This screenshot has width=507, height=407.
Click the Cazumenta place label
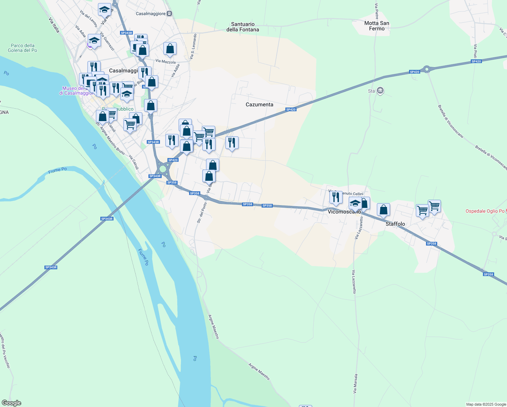[259, 104]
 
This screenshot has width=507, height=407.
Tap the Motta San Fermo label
[377, 26]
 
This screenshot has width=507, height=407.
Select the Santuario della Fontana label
[243, 27]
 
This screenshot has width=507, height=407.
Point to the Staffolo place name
[395, 224]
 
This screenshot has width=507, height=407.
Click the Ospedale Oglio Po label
[485, 211]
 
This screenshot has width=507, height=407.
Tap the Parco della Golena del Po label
[23, 48]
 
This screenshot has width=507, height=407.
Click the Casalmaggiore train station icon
[169, 14]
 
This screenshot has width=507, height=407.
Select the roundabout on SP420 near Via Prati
[427, 69]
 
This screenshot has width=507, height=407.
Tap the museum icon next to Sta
[380, 91]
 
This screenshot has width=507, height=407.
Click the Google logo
[11, 403]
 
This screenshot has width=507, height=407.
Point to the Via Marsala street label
[355, 384]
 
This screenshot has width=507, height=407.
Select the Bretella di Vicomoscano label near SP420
[450, 121]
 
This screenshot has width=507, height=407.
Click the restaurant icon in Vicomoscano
[336, 197]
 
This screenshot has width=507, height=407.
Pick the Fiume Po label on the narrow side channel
[57, 170]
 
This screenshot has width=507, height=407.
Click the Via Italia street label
[54, 25]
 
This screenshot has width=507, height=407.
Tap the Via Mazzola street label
[165, 61]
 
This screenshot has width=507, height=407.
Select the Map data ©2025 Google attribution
[486, 404]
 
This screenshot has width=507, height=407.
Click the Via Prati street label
[475, 51]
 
